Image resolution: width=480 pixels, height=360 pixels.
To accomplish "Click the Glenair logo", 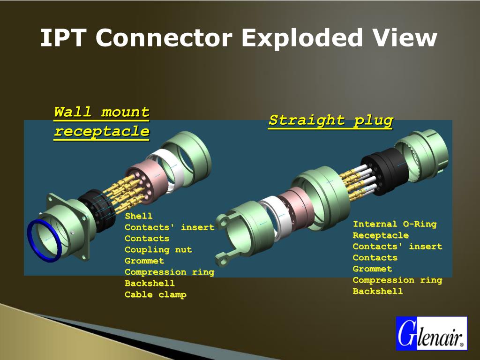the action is (x=431, y=333).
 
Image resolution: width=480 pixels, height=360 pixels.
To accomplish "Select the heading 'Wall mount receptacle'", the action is (x=102, y=122).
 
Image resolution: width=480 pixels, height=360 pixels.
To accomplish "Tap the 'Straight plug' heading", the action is (x=330, y=120).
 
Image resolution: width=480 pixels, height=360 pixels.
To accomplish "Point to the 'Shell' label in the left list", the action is (x=139, y=216).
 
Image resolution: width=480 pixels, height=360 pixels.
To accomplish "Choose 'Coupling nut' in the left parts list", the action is (x=158, y=250).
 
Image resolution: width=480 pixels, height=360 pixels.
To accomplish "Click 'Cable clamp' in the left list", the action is (x=155, y=295).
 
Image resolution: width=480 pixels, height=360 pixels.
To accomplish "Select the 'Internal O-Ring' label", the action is (x=394, y=224).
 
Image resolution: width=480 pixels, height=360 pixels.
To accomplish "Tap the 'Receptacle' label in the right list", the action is (x=380, y=235).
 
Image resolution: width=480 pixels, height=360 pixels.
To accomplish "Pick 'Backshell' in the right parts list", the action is (x=377, y=292).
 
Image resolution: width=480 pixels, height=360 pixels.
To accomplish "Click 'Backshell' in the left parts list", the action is (x=150, y=284).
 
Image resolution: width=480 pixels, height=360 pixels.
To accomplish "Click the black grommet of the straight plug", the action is (x=381, y=173).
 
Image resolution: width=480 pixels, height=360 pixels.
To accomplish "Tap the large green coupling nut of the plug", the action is (x=323, y=195).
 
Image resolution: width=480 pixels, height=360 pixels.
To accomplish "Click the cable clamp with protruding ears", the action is (x=239, y=230).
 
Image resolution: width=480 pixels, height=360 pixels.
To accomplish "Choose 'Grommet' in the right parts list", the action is (x=372, y=269).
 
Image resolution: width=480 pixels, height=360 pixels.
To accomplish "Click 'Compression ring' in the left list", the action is (x=169, y=272).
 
